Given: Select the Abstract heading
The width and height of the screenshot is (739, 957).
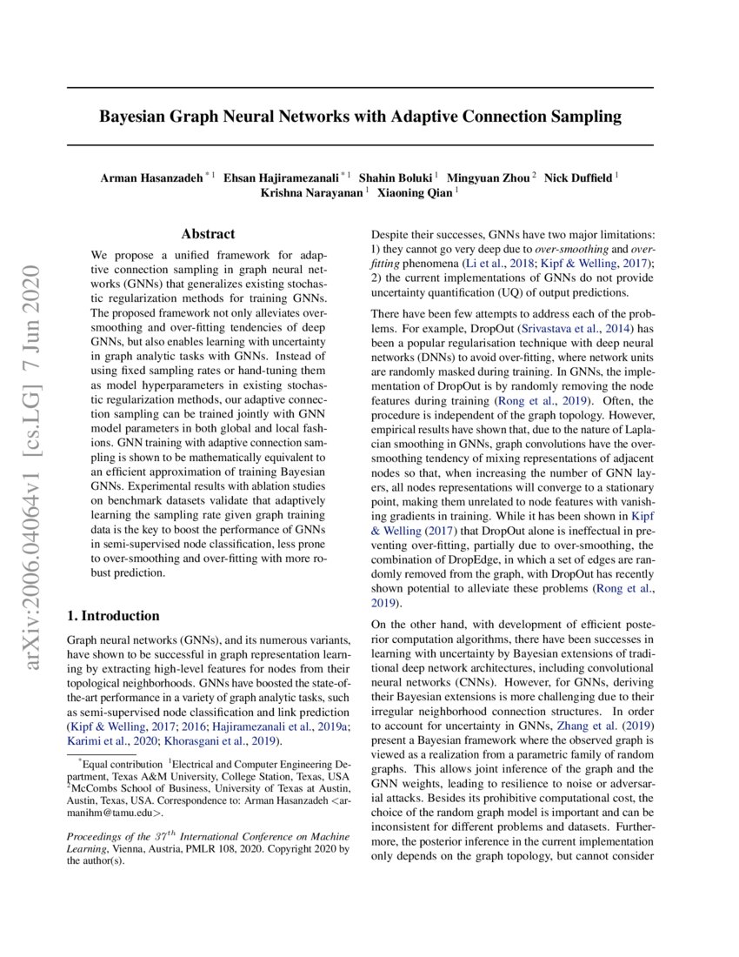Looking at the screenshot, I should coord(208,234).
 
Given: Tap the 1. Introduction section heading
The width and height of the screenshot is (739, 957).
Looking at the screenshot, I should coord(113,616).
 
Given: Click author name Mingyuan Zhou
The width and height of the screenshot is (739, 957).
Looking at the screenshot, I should coord(489,178).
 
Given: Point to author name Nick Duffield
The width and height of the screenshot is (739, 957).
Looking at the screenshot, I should coord(578,178).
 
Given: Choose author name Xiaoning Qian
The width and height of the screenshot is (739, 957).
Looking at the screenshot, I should coord(414,193).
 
